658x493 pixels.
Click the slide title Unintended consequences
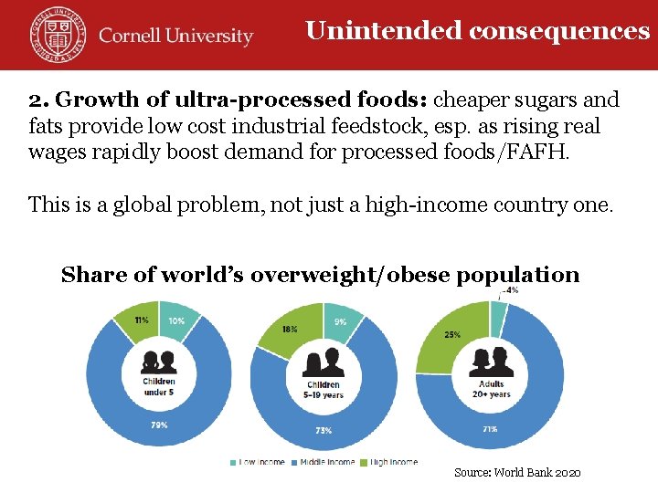(477, 31)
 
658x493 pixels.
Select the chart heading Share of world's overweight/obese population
(320, 275)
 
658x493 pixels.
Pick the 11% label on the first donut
(141, 320)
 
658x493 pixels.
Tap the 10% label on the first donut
(175, 320)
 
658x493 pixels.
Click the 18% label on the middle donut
(290, 329)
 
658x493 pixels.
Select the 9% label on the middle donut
(340, 321)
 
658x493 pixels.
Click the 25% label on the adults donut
(452, 335)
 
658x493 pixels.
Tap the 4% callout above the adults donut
(511, 290)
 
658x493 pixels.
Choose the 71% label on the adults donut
(489, 429)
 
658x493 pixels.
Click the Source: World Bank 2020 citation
(517, 473)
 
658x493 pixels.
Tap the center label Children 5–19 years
(324, 390)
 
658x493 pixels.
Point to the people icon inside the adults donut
(491, 361)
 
